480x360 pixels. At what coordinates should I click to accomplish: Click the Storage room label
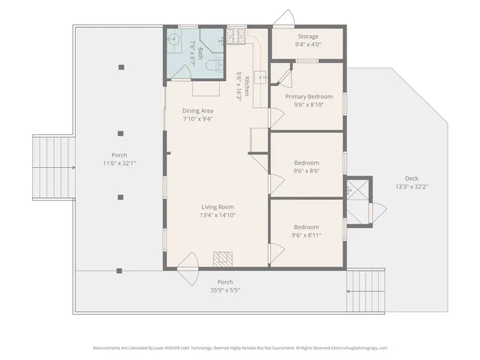307,36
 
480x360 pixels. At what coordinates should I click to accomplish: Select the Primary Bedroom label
308,96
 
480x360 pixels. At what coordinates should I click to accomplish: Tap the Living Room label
217,207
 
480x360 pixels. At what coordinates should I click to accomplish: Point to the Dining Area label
198,111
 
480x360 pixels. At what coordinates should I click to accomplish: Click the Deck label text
412,178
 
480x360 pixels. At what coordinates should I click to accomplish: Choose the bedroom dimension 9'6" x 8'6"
306,171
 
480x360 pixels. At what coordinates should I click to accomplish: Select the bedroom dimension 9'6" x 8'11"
306,235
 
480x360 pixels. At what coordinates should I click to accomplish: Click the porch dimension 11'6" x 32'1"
119,163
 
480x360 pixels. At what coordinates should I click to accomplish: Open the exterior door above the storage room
284,19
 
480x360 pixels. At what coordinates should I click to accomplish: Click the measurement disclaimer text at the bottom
240,348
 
